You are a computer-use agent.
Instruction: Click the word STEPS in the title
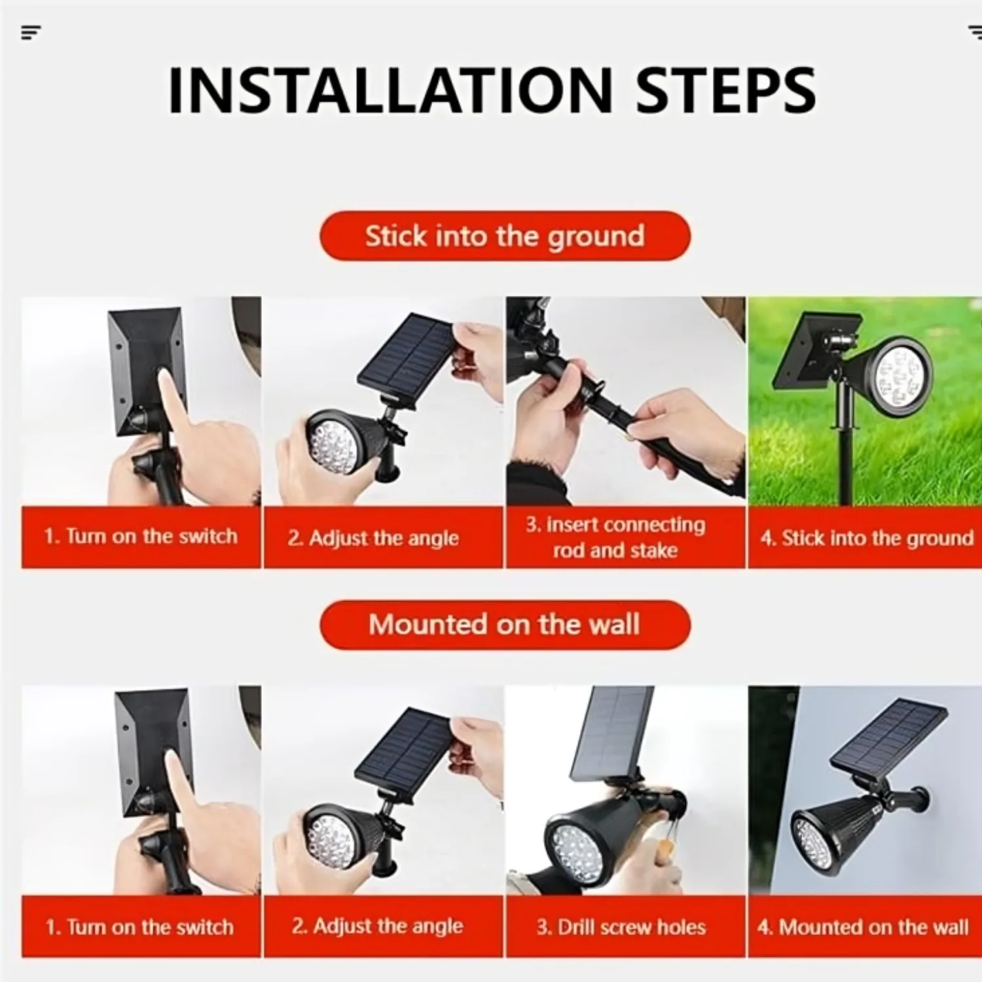726,90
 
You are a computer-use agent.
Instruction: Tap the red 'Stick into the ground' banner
505,236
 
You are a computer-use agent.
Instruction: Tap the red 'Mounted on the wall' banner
505,625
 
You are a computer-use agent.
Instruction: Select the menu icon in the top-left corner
31,32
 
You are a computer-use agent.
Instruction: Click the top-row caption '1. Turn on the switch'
141,536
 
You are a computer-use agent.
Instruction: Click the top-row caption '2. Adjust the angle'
373,538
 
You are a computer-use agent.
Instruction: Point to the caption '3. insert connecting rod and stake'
615,537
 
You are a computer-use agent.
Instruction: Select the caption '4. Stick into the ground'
867,538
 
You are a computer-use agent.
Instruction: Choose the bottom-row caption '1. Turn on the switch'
139,927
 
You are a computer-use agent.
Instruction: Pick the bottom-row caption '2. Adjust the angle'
377,926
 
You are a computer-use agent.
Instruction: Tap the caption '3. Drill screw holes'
621,927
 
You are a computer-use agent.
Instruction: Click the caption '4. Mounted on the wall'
863,927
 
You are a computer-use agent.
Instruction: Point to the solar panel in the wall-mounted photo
888,735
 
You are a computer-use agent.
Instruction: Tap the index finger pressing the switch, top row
174,397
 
